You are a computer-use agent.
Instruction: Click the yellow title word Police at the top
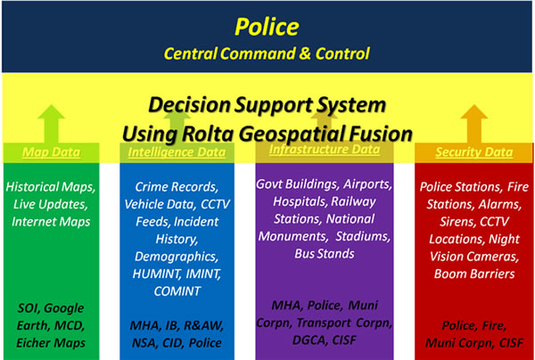267,27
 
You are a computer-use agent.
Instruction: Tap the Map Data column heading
51,152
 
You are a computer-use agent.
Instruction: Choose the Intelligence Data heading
177,152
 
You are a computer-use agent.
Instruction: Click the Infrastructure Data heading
325,150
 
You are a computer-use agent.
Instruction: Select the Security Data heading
474,152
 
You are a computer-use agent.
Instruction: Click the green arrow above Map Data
51,123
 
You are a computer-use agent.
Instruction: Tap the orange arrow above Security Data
474,123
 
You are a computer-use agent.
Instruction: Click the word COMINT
177,291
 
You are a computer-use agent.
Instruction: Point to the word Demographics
177,257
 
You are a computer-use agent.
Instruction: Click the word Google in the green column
64,308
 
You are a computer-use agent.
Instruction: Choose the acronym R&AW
203,325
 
